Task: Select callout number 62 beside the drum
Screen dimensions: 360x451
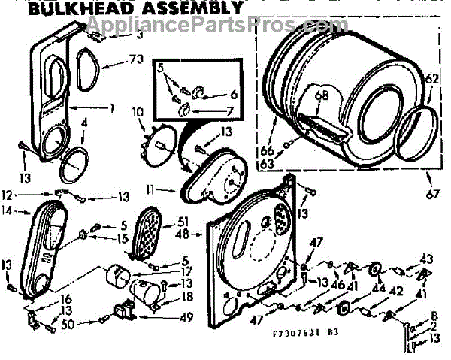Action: [432, 77]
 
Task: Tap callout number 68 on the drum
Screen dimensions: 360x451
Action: [322, 96]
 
